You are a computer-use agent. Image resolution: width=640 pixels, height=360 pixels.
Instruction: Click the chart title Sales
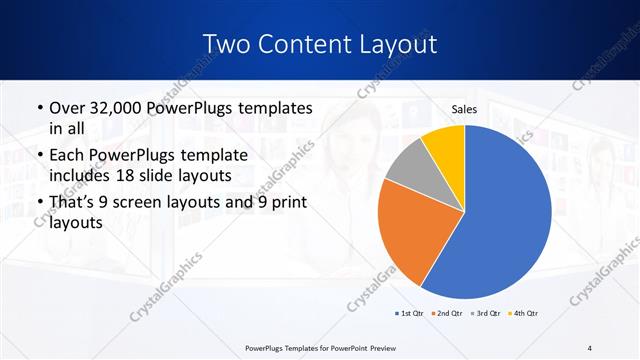tap(464, 108)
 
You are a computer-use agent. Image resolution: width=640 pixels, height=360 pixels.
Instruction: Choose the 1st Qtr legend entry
tap(410, 313)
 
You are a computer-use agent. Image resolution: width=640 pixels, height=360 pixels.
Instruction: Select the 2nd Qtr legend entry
tap(446, 313)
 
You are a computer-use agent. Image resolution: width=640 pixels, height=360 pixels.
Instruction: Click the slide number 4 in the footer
tap(589, 347)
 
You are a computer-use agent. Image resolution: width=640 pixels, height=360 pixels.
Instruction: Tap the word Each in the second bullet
tap(68, 155)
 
